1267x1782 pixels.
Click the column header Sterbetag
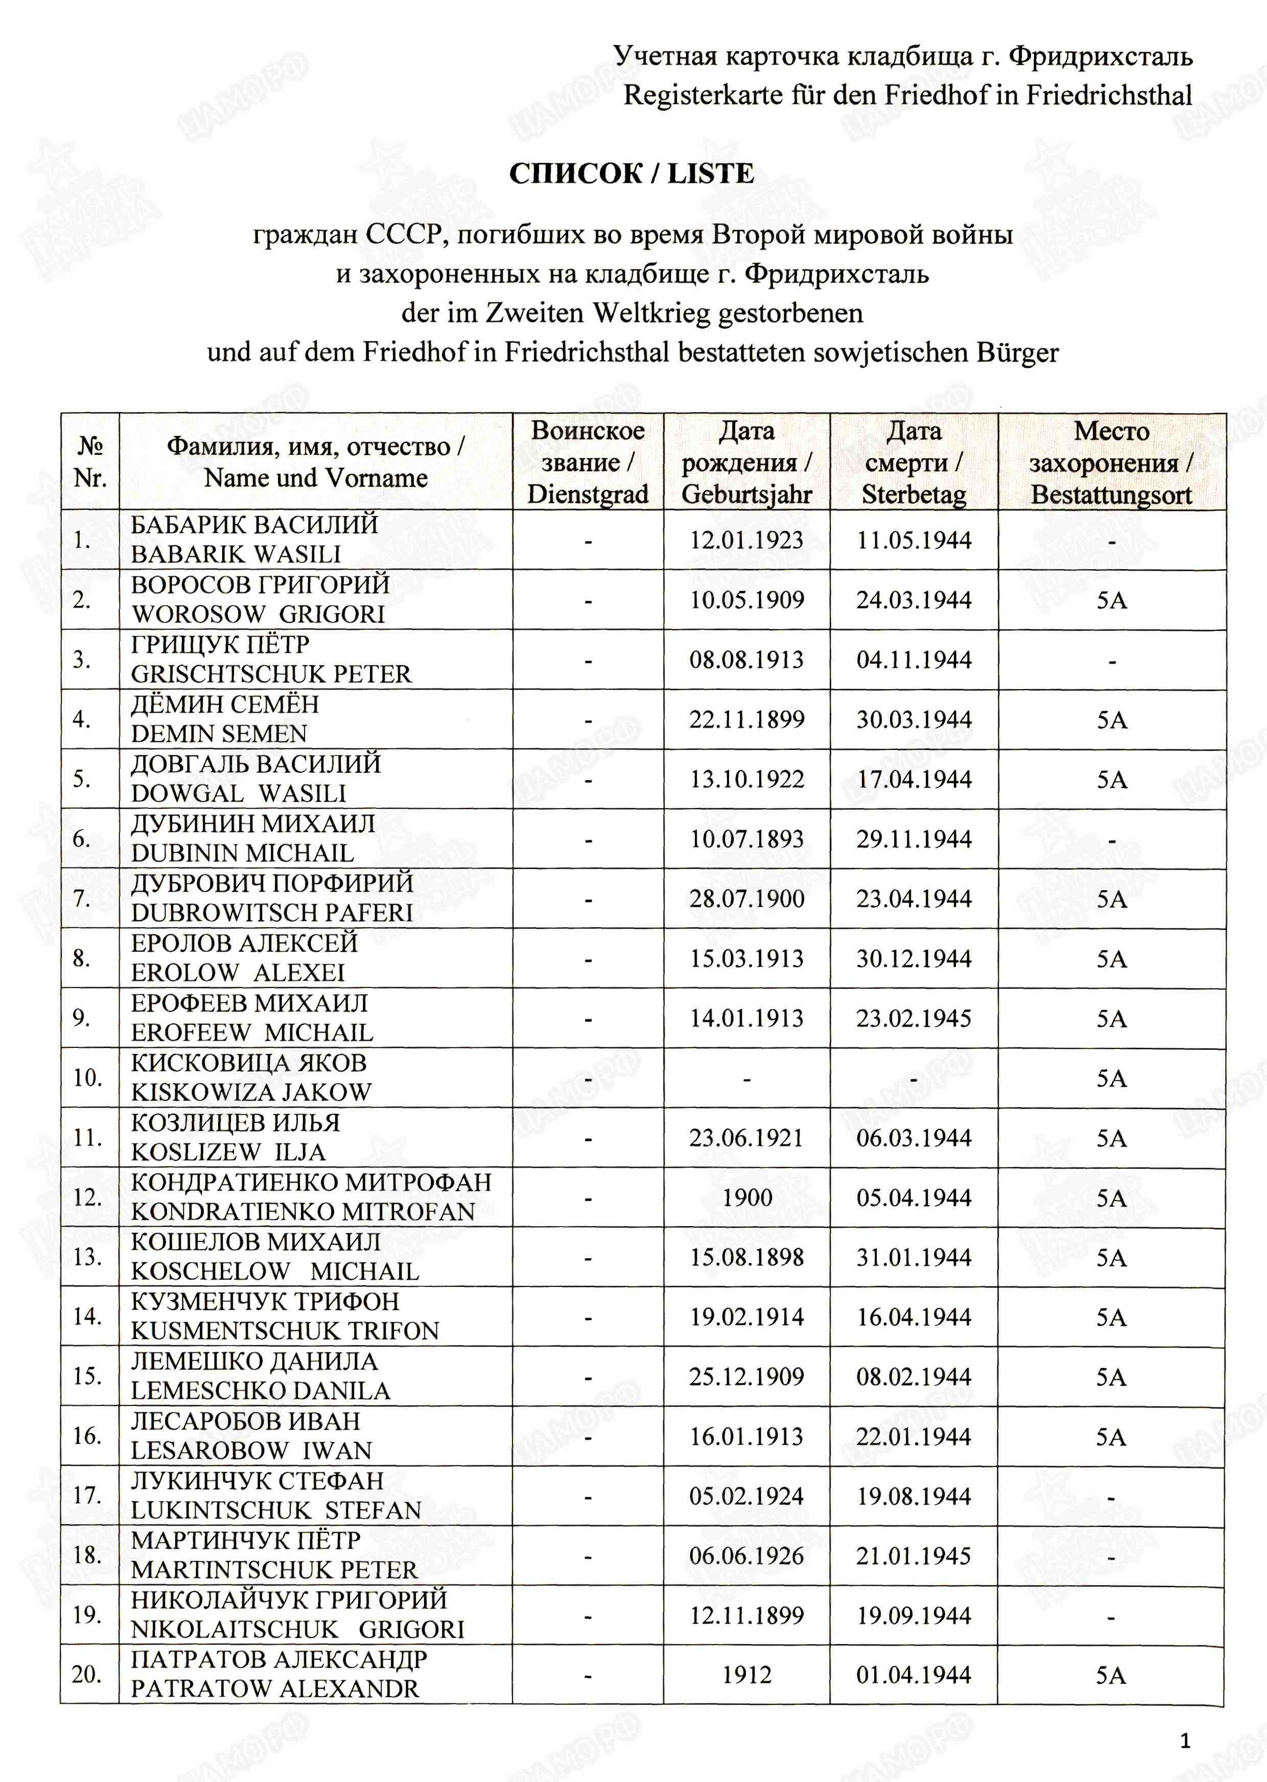(x=913, y=495)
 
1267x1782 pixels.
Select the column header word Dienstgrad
(x=588, y=495)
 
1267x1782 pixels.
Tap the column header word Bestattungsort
(x=1111, y=495)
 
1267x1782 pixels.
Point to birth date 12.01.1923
(x=746, y=540)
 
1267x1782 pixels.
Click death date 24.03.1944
(x=913, y=600)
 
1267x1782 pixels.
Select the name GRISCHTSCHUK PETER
(x=271, y=674)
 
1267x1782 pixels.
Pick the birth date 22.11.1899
(x=746, y=719)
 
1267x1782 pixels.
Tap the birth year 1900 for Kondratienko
(x=746, y=1198)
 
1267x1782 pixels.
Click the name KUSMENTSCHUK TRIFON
(x=285, y=1331)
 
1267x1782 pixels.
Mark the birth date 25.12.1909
(x=746, y=1377)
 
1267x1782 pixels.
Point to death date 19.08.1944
(x=913, y=1496)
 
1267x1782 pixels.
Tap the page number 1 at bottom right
(x=1185, y=1741)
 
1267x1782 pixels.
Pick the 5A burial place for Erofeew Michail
(x=1111, y=1018)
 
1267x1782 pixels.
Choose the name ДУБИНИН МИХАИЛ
(x=253, y=824)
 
